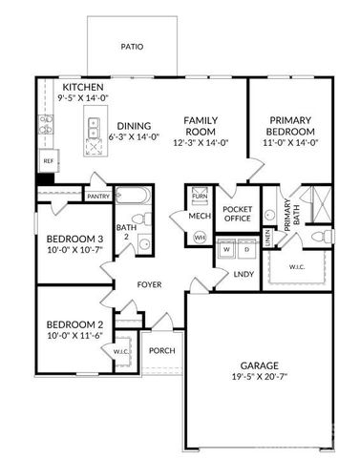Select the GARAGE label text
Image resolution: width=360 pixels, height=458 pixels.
(x=258, y=366)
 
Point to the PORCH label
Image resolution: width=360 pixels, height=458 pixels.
(x=162, y=351)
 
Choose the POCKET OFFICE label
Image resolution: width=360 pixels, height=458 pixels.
(x=236, y=213)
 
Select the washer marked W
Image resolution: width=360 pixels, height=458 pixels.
(x=226, y=251)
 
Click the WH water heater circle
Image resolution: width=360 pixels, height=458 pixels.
(x=200, y=237)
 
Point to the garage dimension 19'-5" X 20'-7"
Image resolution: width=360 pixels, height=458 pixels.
(x=258, y=378)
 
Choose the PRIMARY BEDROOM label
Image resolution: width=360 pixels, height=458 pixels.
(x=289, y=125)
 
